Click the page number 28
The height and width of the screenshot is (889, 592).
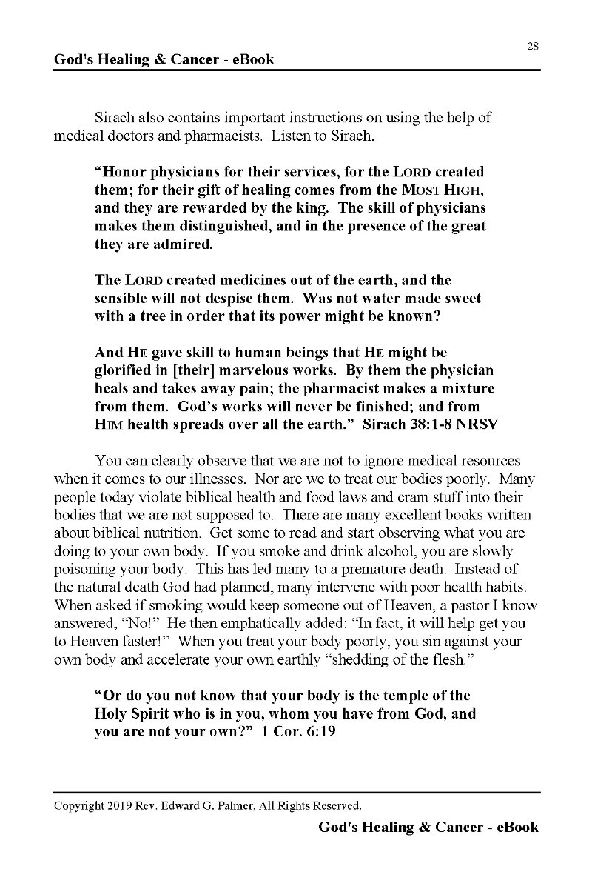point(533,46)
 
